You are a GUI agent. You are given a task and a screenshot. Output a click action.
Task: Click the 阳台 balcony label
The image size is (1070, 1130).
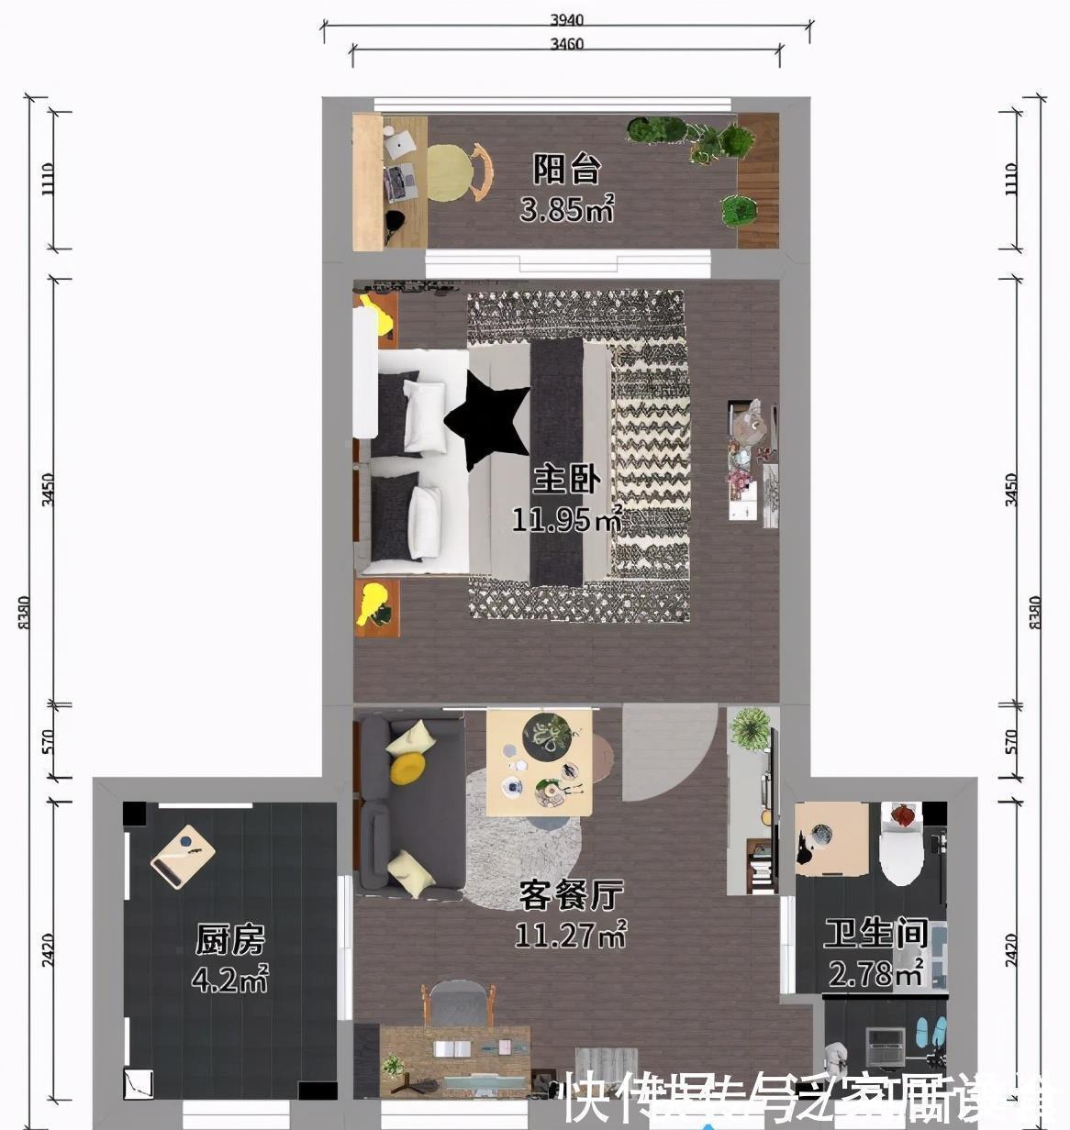click(x=567, y=170)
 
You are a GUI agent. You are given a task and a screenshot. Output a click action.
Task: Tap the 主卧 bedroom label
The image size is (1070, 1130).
click(x=567, y=479)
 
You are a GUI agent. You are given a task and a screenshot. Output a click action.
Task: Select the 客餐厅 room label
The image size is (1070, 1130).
click(x=571, y=893)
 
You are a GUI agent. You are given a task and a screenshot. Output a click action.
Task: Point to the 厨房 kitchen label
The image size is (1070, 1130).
click(x=229, y=940)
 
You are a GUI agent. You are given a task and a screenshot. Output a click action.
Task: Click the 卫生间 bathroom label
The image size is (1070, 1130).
click(x=875, y=934)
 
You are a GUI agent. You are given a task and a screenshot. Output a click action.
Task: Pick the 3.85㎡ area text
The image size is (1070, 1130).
click(x=566, y=210)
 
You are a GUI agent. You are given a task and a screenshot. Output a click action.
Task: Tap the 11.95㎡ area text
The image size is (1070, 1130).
click(x=567, y=520)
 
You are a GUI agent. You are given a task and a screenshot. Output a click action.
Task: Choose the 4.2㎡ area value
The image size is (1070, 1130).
click(x=229, y=980)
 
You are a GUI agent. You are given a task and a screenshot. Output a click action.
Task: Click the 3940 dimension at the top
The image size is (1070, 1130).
click(x=566, y=19)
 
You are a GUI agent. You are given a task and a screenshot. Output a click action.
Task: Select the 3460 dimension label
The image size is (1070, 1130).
click(x=566, y=43)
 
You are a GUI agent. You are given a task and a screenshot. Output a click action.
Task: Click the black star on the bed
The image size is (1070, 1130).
click(x=488, y=418)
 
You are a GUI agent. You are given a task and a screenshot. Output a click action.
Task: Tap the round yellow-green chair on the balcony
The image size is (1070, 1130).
click(x=450, y=173)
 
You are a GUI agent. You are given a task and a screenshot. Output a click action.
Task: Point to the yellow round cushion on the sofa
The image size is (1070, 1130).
click(x=407, y=769)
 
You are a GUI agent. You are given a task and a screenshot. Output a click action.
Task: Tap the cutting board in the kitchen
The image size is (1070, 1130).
click(x=183, y=857)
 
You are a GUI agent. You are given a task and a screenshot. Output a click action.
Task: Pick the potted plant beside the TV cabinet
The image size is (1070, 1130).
click(x=750, y=728)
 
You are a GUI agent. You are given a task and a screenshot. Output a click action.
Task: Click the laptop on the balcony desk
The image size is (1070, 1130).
click(x=401, y=144)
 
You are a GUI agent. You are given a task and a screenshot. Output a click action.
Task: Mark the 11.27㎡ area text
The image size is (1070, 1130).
click(x=571, y=935)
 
